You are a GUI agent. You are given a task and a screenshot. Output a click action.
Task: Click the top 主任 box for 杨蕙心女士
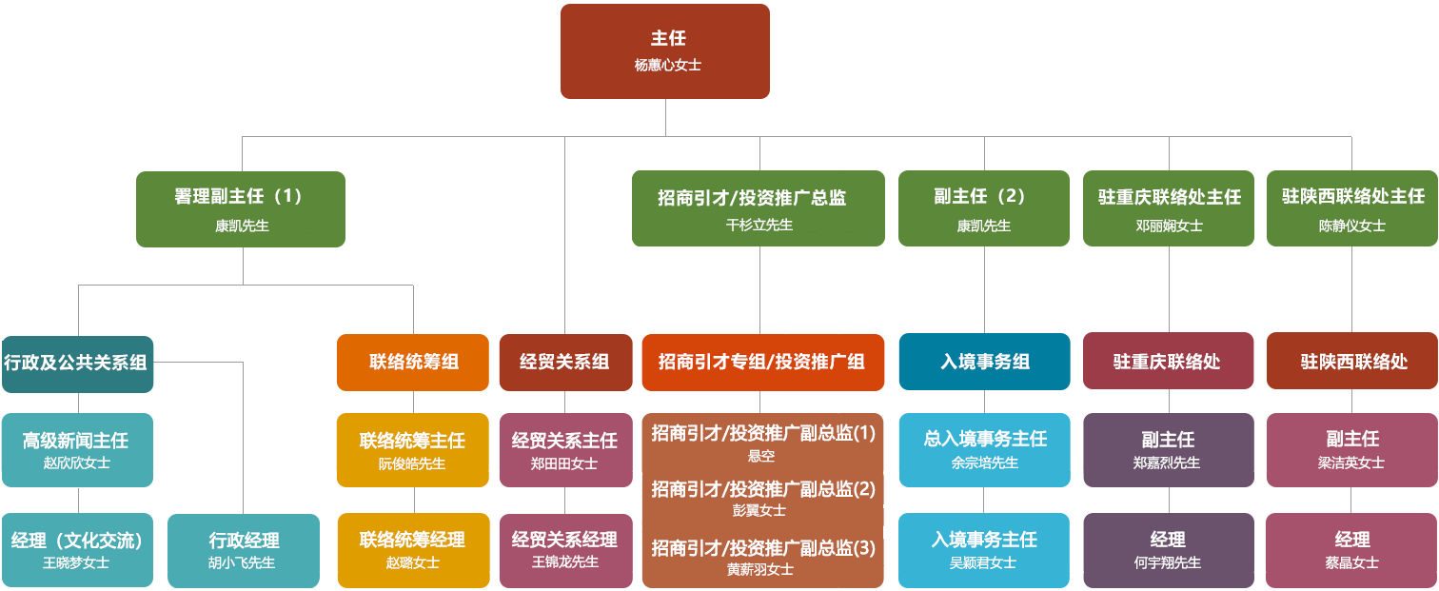pos(665,51)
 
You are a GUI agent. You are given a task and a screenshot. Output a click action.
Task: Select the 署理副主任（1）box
pos(241,208)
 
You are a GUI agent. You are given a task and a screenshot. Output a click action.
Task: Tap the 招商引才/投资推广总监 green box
pos(758,208)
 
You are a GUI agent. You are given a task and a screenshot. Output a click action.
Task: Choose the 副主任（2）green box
pos(984,208)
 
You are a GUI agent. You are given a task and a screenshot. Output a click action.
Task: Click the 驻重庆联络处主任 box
pos(1169,208)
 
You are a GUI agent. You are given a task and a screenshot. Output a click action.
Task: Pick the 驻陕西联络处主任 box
pos(1352,208)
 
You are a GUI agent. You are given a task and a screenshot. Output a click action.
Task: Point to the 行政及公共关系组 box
pos(78,364)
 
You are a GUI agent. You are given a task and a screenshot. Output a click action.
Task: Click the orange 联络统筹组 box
pos(413,363)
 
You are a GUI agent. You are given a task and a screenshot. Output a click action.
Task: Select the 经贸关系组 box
pos(566,363)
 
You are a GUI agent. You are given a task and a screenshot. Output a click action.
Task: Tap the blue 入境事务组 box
pos(985,362)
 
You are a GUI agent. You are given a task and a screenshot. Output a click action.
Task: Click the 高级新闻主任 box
pos(78,449)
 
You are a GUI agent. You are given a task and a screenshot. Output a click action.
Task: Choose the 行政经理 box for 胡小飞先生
pos(244,550)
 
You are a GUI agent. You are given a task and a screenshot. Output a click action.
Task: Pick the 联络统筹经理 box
pos(414,550)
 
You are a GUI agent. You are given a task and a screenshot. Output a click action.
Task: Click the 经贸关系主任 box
pos(566,449)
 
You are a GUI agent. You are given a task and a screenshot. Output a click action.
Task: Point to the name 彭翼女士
pos(759,511)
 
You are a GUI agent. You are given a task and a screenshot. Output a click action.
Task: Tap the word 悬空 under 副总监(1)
pos(761,456)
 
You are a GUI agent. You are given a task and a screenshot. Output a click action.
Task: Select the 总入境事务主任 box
pos(985,449)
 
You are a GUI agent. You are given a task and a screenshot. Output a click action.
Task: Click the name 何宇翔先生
pos(1167,562)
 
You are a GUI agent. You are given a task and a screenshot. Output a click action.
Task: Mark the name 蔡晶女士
pos(1352,562)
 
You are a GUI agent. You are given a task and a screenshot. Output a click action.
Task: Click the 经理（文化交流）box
pos(78,550)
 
